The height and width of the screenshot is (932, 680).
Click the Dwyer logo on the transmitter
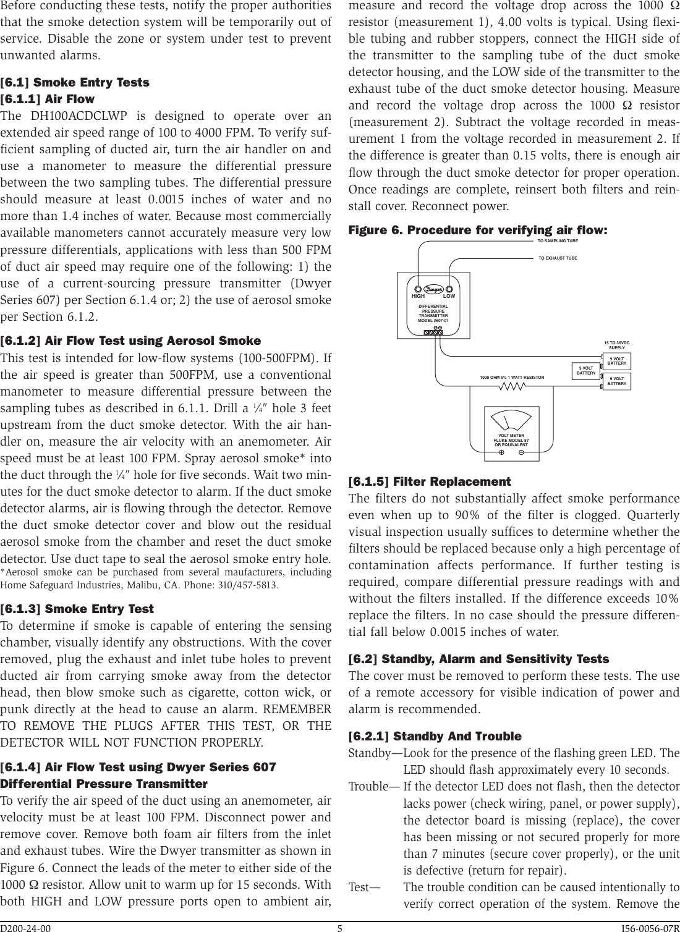click(x=433, y=289)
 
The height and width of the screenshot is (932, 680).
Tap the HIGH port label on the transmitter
click(x=419, y=296)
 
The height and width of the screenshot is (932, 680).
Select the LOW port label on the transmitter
click(x=449, y=296)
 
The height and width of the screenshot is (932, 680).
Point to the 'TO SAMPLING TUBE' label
click(x=558, y=240)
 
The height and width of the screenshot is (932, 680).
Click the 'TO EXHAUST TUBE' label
click(x=558, y=258)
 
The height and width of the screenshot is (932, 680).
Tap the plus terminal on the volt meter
click(x=501, y=452)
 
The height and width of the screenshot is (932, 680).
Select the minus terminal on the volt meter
click(x=522, y=452)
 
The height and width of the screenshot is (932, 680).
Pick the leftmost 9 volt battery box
click(x=585, y=371)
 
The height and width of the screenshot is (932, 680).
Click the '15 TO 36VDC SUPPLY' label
click(x=616, y=345)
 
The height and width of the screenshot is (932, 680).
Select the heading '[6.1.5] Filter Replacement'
click(x=430, y=481)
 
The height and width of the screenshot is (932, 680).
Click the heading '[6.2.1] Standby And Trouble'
click(x=435, y=736)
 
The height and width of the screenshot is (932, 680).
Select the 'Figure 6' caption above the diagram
click(x=478, y=230)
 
